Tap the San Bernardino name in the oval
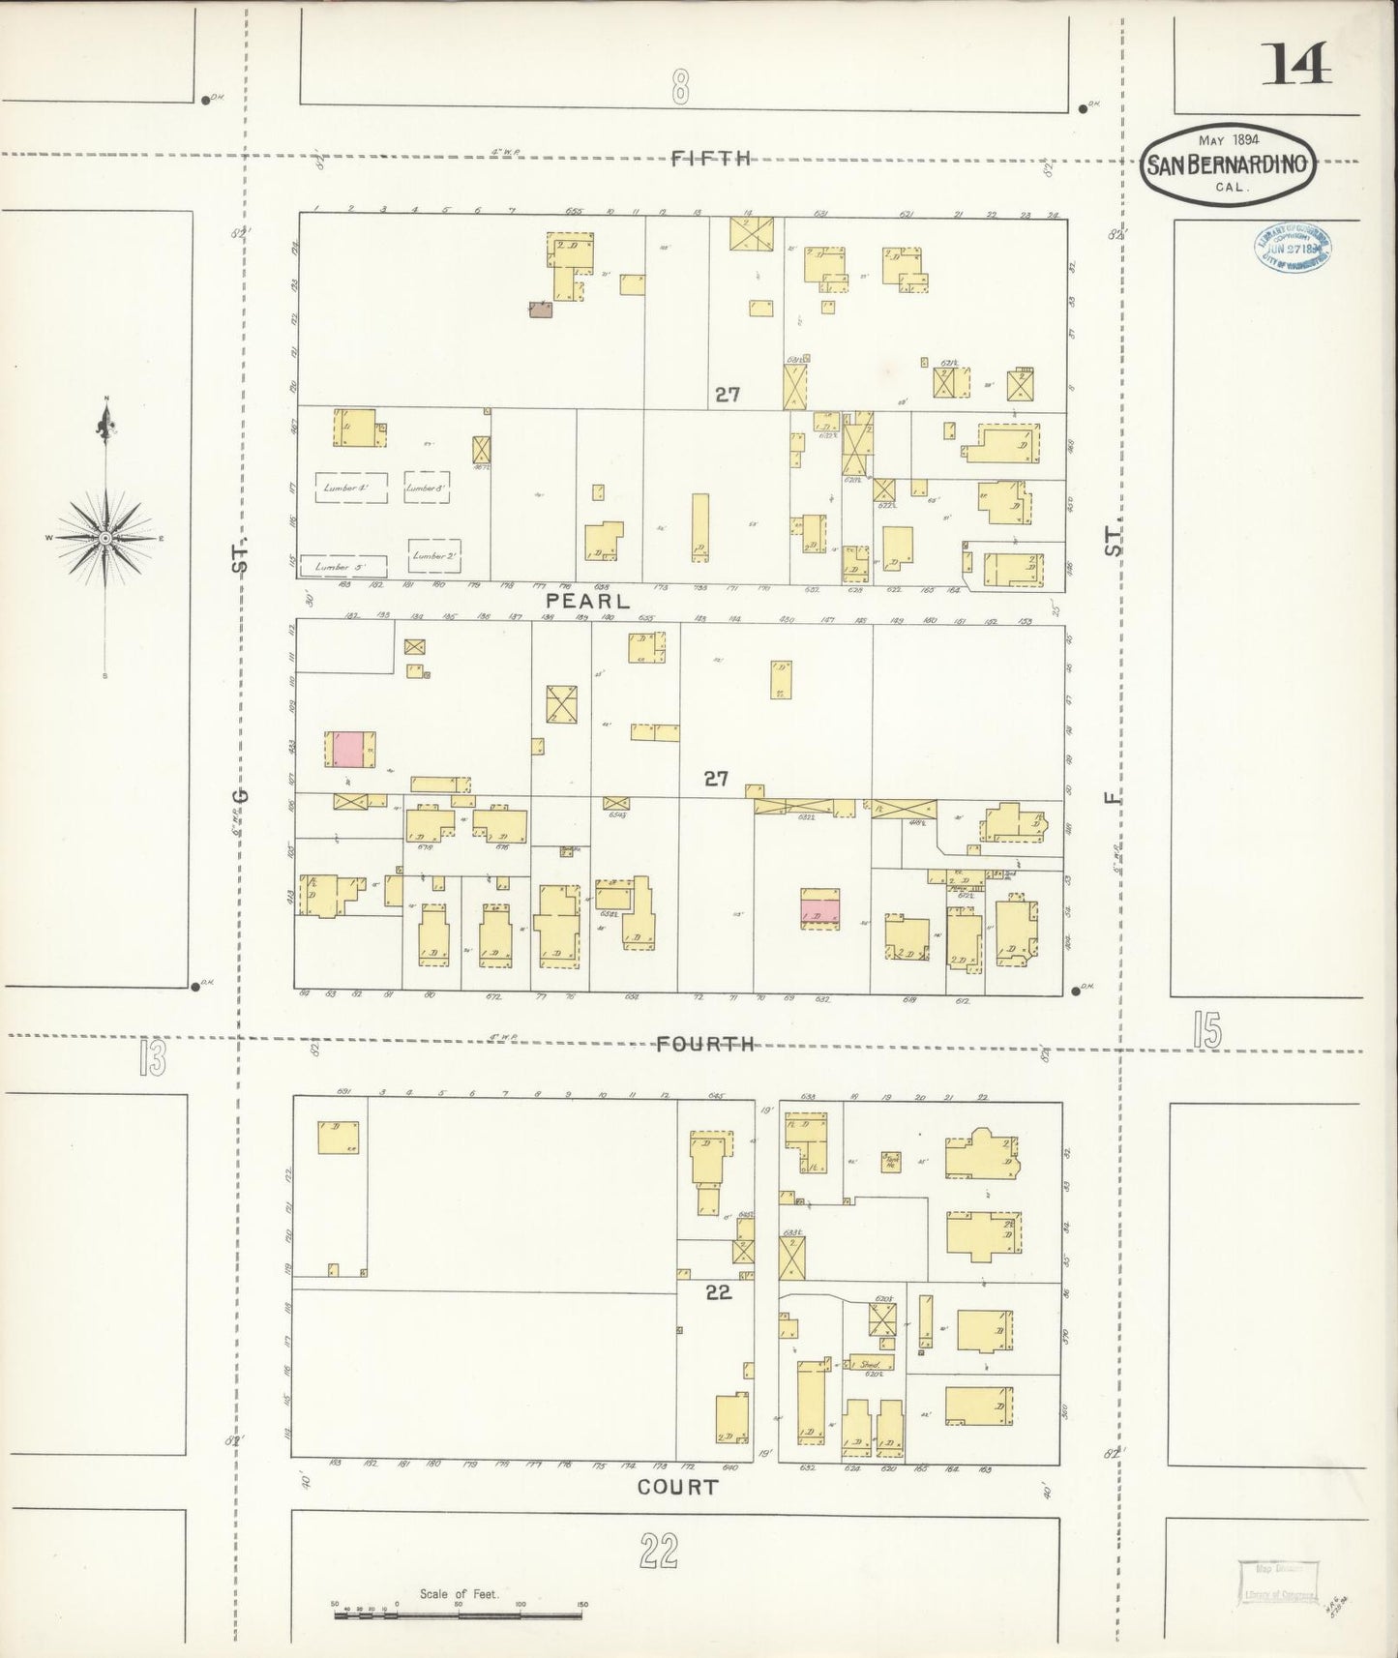pos(1228,164)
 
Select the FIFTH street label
pos(711,159)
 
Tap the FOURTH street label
pos(705,1044)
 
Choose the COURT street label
pos(677,1487)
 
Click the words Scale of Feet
pos(459,1593)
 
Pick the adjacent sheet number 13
pos(152,1057)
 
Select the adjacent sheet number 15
pos(1206,1030)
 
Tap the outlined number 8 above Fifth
pos(680,89)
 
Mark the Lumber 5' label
pos(343,567)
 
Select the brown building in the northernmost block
pos(539,309)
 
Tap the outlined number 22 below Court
pos(658,1552)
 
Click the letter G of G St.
pos(242,795)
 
